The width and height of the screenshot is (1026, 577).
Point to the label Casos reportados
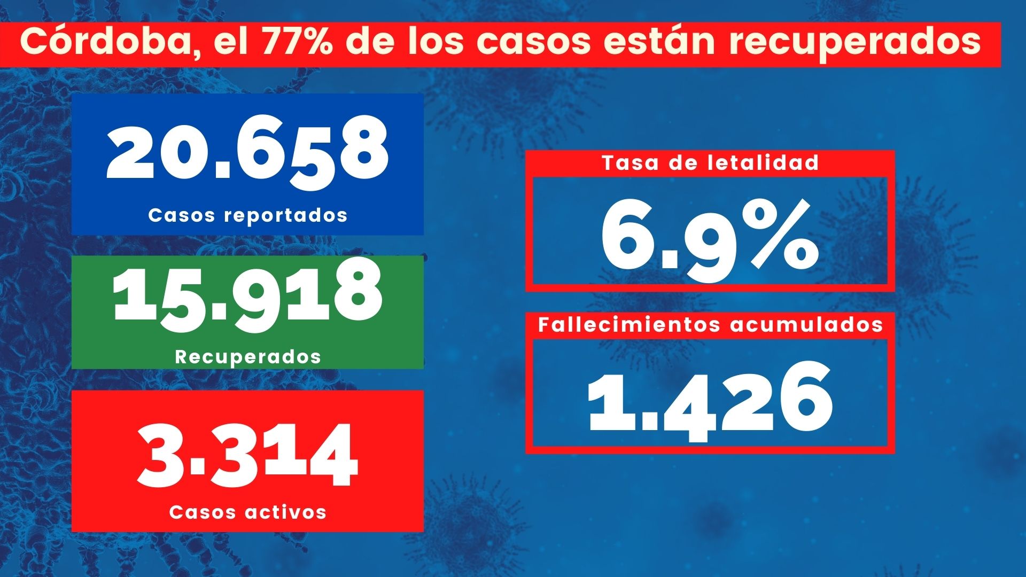pos(247,215)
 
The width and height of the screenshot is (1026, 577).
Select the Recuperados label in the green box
pos(247,357)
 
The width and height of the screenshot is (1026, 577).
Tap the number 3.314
pos(247,455)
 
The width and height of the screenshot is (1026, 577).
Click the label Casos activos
pos(247,512)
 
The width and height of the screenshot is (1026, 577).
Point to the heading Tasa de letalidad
pos(710,163)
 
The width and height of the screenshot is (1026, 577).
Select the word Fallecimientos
pos(630,325)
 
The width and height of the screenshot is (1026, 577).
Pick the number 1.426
pos(710,401)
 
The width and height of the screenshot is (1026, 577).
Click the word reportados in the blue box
pos(286,215)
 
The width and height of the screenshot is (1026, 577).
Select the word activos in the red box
pos(286,512)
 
